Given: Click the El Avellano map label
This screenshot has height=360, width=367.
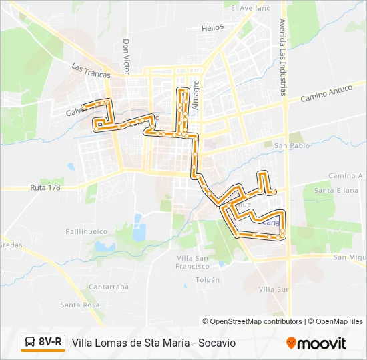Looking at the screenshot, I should tap(251, 9).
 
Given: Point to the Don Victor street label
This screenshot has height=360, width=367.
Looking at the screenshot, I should tap(125, 56).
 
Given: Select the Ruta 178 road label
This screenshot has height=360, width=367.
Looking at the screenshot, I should tap(45, 188).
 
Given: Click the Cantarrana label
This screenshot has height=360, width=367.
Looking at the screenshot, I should tap(108, 287).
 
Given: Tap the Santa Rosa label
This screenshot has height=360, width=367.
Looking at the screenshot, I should tap(79, 305).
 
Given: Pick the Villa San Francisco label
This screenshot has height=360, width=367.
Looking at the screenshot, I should tap(194, 261).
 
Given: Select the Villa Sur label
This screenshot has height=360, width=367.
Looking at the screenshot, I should tap(274, 289).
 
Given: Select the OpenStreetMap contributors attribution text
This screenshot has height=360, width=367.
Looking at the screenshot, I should tap(252, 321).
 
